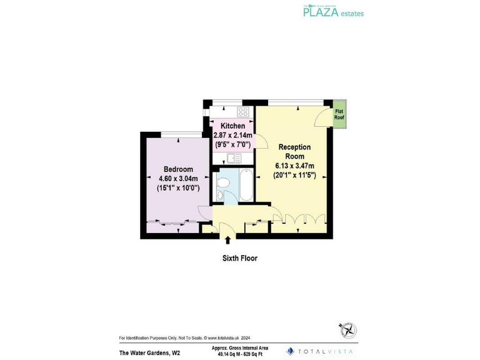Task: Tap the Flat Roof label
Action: (x=339, y=114)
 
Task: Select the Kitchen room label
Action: (x=232, y=126)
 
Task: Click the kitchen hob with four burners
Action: (x=243, y=112)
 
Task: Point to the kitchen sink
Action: (x=234, y=158)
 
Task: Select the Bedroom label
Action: (x=178, y=169)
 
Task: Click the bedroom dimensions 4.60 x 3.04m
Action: (x=178, y=178)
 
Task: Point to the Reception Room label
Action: (x=294, y=151)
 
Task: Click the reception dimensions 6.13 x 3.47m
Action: (x=294, y=166)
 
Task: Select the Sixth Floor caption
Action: (x=239, y=257)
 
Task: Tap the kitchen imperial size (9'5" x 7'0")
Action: (x=232, y=144)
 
